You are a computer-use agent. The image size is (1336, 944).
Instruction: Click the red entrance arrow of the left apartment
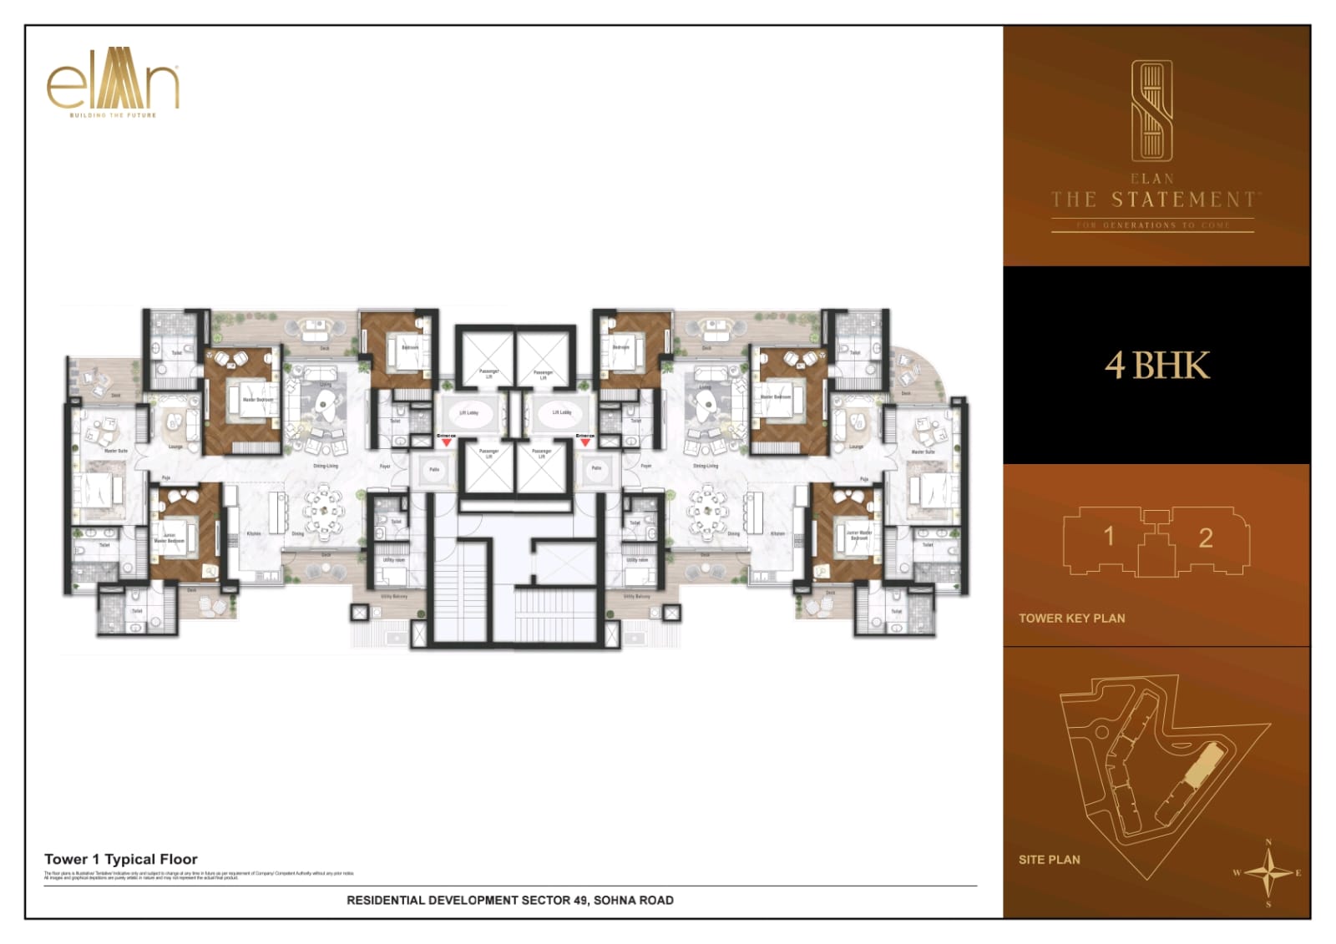coord(447,442)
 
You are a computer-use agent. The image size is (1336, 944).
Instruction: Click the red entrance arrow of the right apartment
coord(585,442)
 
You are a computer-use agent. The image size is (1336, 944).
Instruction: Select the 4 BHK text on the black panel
coord(1157,366)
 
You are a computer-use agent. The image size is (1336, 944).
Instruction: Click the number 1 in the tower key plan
coord(1108,536)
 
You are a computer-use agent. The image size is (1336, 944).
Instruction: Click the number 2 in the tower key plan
coord(1205,538)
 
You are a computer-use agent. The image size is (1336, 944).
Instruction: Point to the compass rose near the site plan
coord(1268,874)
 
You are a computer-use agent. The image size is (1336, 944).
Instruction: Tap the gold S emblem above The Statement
coord(1151,111)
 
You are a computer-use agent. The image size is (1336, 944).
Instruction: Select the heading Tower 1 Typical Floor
coord(121,859)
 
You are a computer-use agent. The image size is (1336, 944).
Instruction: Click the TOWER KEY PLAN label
coord(1071,618)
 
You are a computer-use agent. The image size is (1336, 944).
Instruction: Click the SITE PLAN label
coord(1049,860)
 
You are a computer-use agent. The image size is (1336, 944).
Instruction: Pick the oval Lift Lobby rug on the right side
coord(560,412)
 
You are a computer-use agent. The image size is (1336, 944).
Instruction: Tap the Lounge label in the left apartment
coord(175,447)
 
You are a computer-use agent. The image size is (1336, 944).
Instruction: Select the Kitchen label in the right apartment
coord(777,533)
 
